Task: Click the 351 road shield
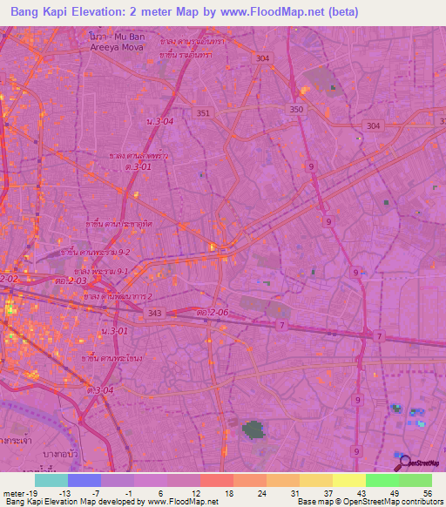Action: (x=203, y=113)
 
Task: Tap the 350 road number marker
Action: (x=297, y=109)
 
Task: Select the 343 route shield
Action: (x=153, y=313)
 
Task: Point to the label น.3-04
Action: (x=160, y=121)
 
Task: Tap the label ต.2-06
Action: (x=213, y=312)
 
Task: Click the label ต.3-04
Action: (x=98, y=389)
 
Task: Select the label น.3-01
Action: (x=114, y=331)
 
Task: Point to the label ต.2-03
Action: (x=71, y=281)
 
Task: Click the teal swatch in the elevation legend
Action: (x=51, y=480)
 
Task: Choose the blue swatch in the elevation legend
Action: (x=84, y=480)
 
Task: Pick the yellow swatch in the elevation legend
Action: (x=348, y=480)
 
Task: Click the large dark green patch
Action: (x=253, y=429)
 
